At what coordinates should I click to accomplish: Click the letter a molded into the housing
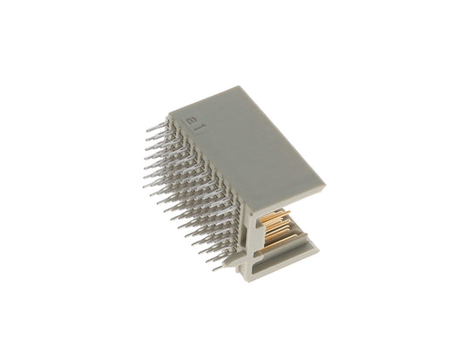click(189, 122)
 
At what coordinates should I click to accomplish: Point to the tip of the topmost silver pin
click(148, 131)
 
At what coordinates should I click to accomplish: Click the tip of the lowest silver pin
click(214, 270)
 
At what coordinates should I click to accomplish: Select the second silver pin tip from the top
click(147, 139)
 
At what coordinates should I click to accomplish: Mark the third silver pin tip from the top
click(147, 148)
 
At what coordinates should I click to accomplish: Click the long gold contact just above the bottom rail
click(280, 241)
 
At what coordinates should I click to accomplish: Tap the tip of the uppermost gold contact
click(289, 212)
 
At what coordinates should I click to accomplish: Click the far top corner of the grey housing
click(240, 86)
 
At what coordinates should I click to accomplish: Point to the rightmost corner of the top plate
click(326, 185)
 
